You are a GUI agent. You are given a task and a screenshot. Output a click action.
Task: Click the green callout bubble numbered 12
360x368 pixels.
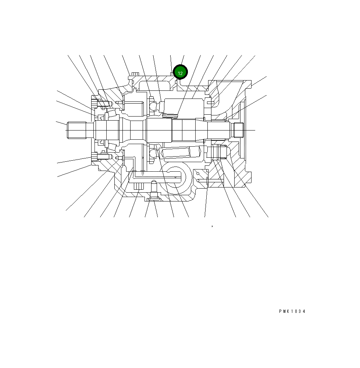(180, 72)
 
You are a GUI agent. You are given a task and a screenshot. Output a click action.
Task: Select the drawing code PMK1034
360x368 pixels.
(292, 311)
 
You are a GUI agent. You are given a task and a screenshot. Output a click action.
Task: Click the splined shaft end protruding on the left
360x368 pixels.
(77, 130)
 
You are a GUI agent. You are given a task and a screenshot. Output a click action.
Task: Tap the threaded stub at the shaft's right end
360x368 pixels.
(237, 130)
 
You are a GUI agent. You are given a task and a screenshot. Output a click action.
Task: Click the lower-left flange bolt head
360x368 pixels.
(95, 157)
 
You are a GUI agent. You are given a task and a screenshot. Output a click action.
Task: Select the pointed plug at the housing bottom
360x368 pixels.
(154, 189)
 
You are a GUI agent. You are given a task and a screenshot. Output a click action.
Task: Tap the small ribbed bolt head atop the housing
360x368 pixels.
(135, 74)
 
